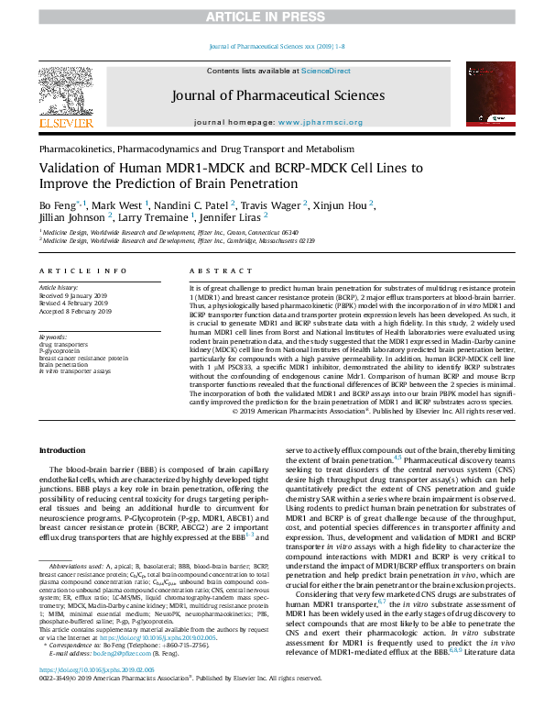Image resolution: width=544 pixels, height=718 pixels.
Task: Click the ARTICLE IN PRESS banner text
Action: pos(272,17)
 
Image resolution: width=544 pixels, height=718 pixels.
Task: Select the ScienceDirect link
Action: pos(326,71)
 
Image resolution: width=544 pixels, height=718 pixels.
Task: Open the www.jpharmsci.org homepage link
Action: pos(315,121)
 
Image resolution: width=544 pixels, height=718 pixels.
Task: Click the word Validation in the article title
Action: pos(69,168)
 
